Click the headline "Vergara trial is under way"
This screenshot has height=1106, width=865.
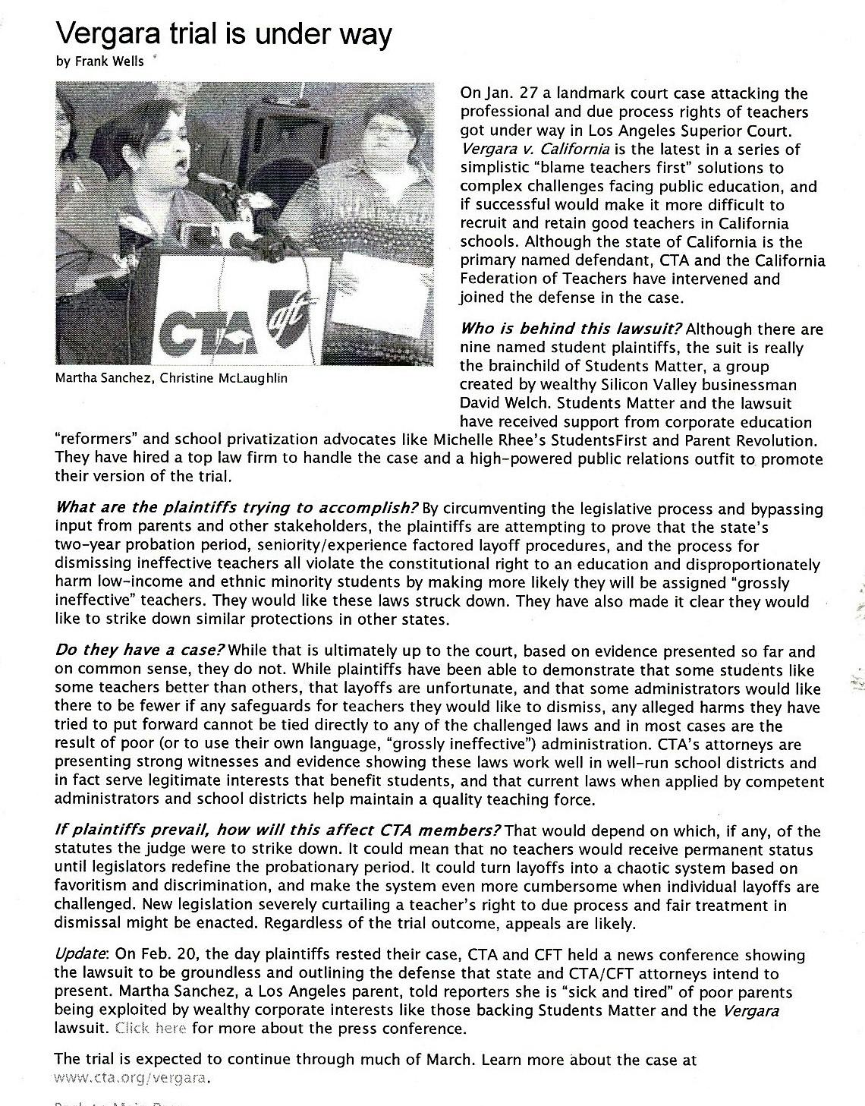224,34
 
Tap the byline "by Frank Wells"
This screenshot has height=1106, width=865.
99,62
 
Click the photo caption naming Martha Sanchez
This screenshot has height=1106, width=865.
171,378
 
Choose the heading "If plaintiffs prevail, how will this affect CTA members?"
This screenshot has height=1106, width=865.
278,831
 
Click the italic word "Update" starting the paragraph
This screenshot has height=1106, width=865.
83,955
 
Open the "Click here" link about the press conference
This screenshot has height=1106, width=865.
151,1029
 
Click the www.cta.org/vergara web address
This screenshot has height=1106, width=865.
131,1078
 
